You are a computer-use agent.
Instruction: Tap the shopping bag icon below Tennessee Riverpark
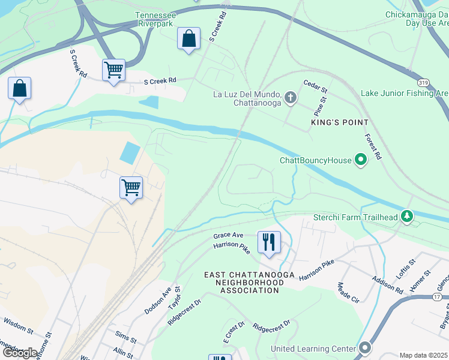(188, 39)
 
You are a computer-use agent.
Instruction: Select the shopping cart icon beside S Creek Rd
(113, 70)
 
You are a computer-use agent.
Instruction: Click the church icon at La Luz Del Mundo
(291, 98)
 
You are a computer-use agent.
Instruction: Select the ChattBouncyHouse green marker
(361, 160)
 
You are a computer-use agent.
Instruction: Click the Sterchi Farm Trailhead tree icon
(408, 216)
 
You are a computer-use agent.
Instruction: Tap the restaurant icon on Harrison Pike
(268, 242)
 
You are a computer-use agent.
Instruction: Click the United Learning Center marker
(365, 348)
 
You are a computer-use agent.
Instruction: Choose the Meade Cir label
(348, 292)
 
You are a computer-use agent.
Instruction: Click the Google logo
(19, 352)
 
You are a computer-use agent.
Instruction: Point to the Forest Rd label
(374, 146)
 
